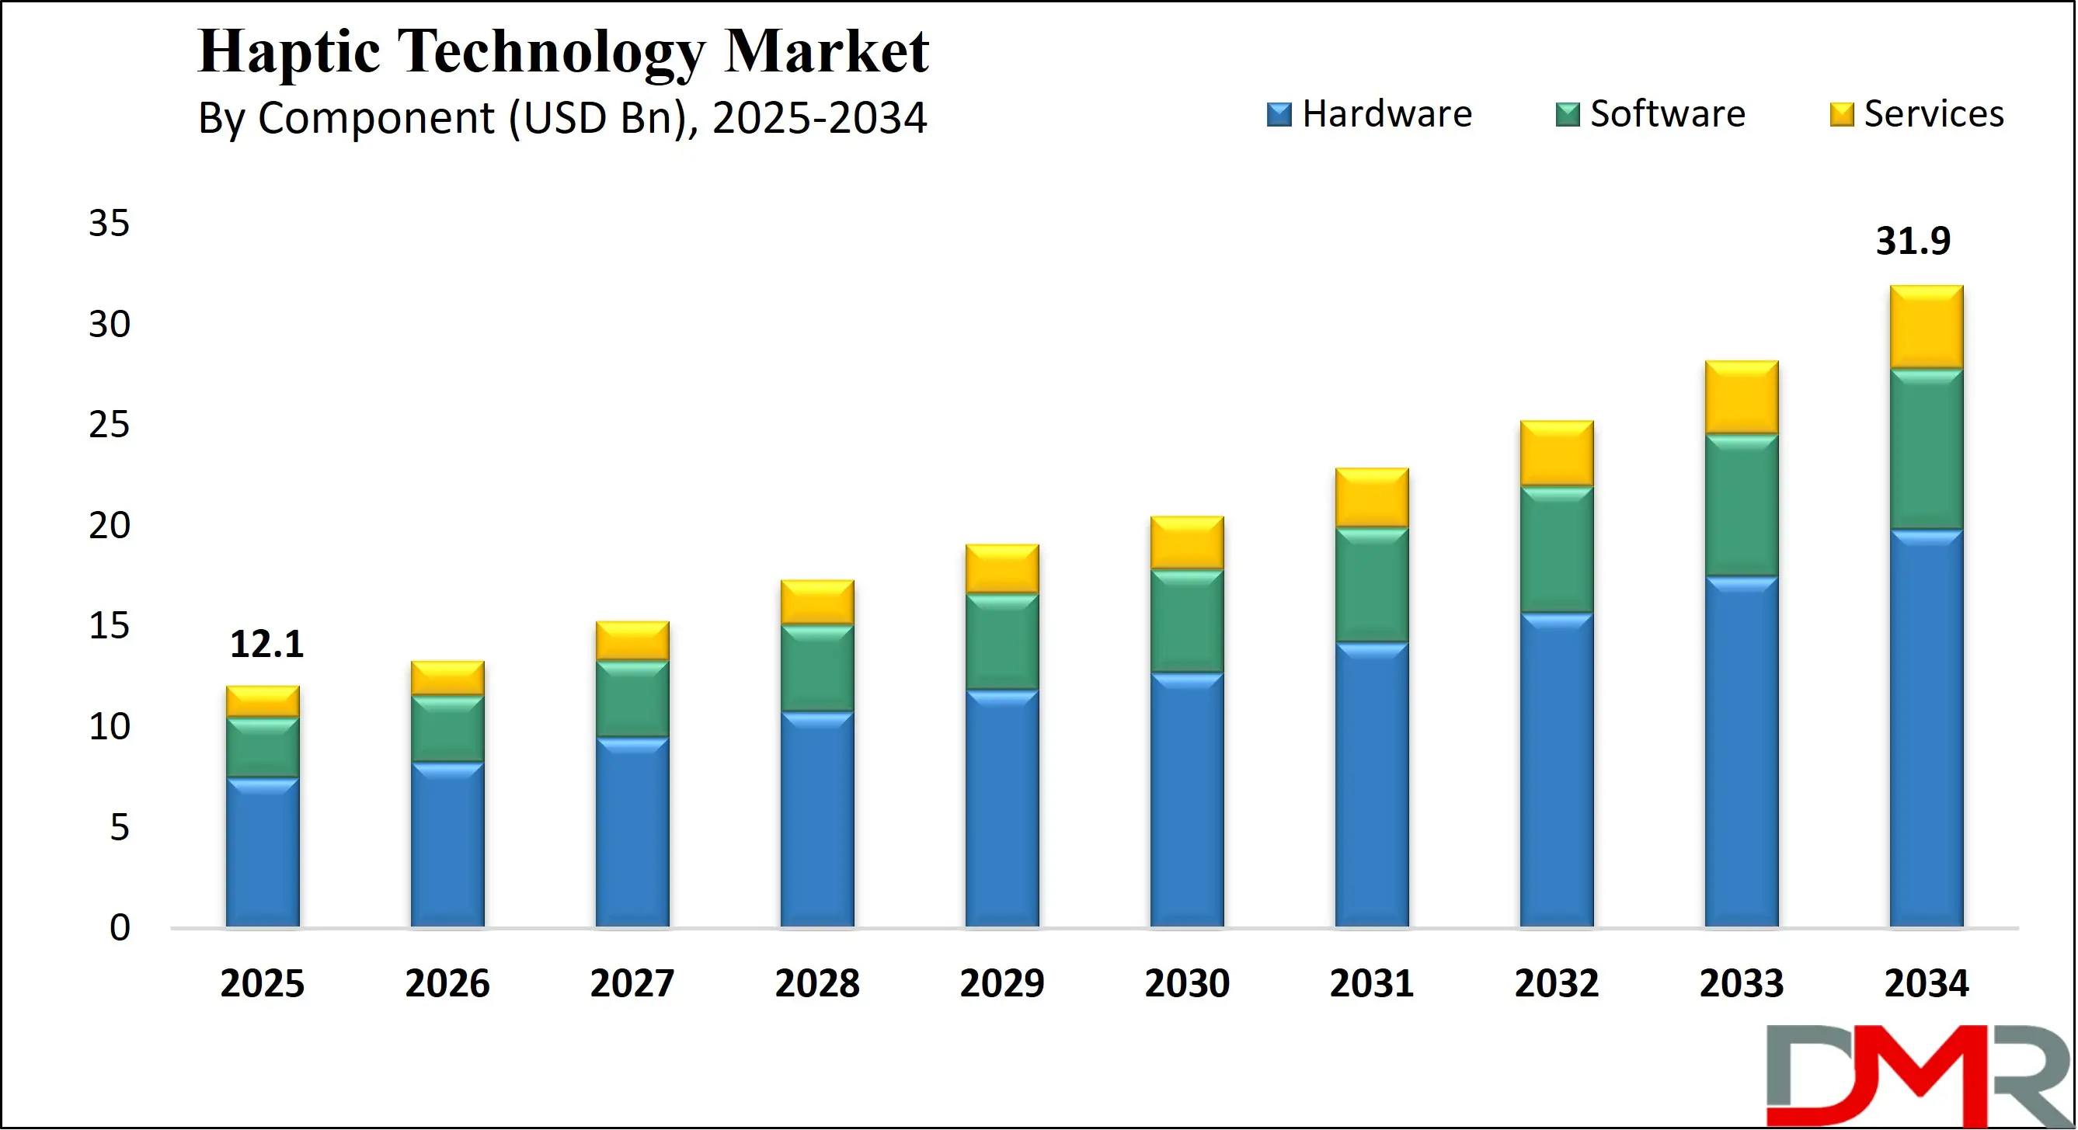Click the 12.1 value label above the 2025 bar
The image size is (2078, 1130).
point(266,645)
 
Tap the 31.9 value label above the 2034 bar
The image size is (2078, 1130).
point(1913,242)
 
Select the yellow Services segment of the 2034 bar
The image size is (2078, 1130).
point(1927,327)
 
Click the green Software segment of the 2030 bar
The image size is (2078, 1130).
point(1187,621)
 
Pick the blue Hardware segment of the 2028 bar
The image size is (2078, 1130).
point(817,819)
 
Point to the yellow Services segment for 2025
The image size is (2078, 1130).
point(262,701)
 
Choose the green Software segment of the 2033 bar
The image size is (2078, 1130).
point(1742,505)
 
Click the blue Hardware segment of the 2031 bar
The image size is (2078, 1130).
point(1371,784)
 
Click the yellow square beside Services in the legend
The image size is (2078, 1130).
point(1842,114)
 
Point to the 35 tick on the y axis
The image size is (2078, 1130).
point(109,224)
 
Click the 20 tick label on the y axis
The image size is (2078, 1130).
point(109,526)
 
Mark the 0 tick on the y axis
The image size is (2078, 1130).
point(120,928)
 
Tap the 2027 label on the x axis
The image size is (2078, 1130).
point(632,983)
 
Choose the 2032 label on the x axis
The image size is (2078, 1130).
point(1556,983)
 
